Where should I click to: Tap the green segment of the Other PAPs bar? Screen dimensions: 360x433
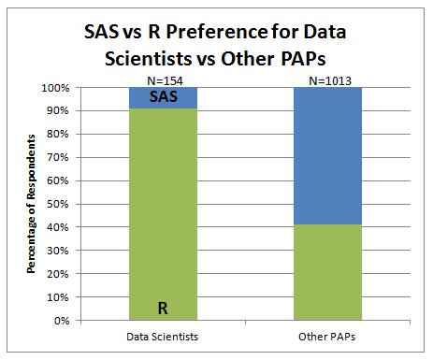coord(326,272)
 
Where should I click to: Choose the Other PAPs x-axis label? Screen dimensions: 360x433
coord(326,335)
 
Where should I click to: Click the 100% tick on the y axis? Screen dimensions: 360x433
coord(53,88)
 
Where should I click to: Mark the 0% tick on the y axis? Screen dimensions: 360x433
coord(59,321)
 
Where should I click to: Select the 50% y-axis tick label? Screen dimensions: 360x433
coord(56,204)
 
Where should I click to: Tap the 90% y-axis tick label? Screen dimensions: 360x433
coord(56,111)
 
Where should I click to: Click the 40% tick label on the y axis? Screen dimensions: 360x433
coord(56,227)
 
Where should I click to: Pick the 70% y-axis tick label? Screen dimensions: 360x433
coord(56,158)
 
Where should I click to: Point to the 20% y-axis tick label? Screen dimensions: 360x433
coord(56,274)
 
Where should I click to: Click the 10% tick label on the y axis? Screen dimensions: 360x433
coord(56,297)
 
